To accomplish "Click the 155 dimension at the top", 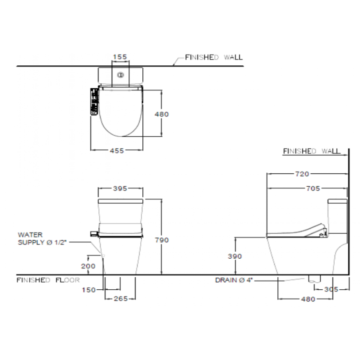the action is point(120,57).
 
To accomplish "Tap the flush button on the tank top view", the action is point(121,75).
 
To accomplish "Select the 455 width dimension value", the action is point(117,151).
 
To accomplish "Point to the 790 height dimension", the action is point(162,240).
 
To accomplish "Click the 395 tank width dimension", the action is point(120,189).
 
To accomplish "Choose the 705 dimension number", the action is point(313,189).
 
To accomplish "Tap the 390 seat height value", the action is point(234,256).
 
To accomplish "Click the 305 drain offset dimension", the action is point(331,289).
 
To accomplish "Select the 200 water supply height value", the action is point(88,266).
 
